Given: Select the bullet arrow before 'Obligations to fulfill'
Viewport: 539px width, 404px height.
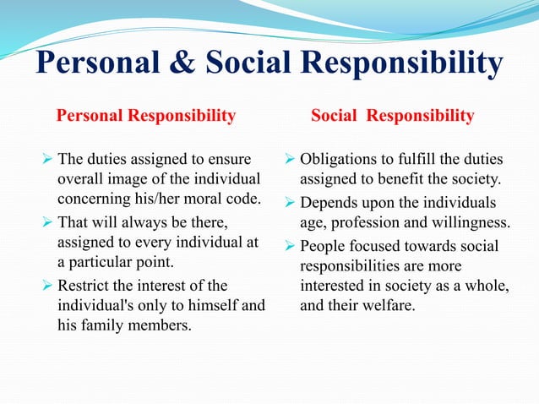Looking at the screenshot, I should point(290,159).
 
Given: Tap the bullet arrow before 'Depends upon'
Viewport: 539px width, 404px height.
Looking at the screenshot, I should point(290,203).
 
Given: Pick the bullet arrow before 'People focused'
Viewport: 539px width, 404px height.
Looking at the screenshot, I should point(290,246).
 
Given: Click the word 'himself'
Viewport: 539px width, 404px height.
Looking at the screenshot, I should point(216,303).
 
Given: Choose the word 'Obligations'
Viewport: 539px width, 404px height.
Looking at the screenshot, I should point(343,159).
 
